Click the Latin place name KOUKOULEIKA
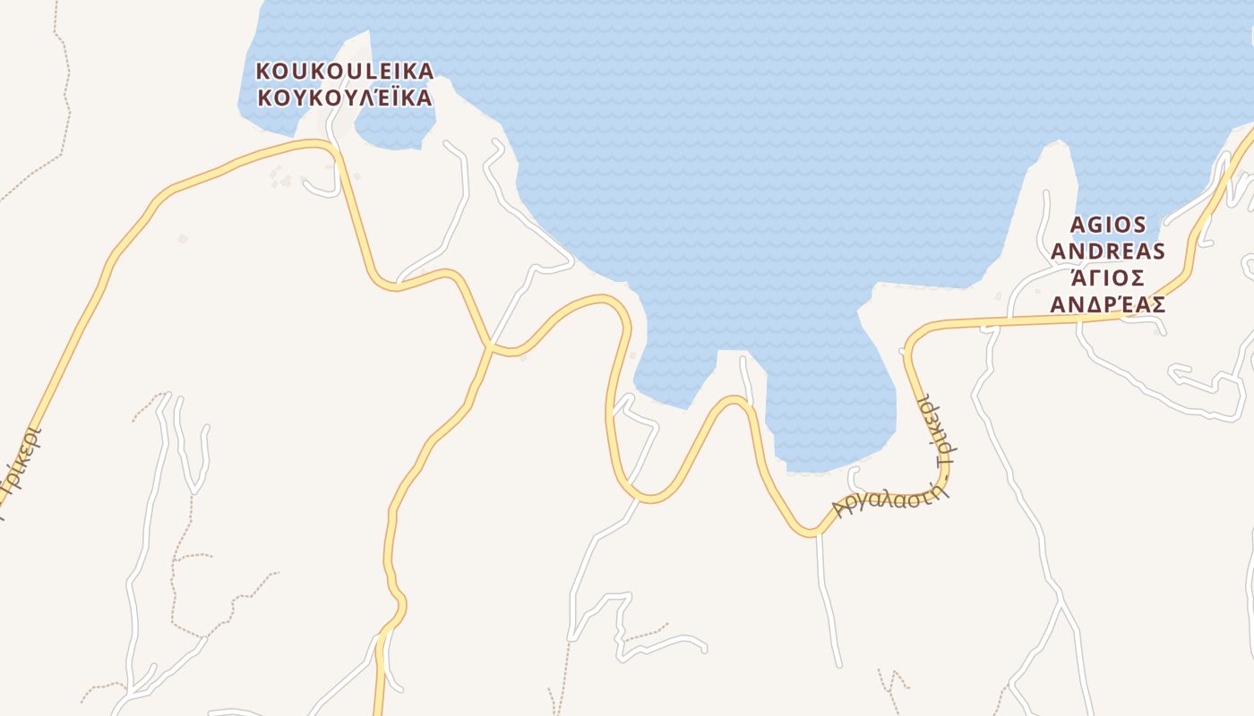[x=345, y=71]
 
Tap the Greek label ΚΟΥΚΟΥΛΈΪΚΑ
[x=345, y=98]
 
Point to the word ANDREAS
[x=1107, y=251]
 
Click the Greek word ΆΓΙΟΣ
[x=1107, y=278]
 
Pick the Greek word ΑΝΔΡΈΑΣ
[x=1107, y=304]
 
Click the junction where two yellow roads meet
[x=490, y=345]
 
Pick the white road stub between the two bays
[x=746, y=376]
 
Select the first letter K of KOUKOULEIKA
[x=263, y=71]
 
